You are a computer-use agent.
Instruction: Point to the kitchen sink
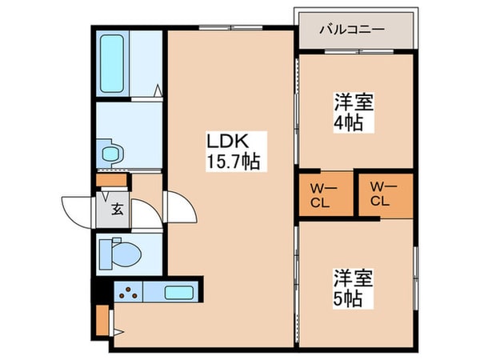click(x=179, y=292)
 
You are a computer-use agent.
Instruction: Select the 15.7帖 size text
click(x=233, y=161)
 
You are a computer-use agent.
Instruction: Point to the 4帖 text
click(x=348, y=123)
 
